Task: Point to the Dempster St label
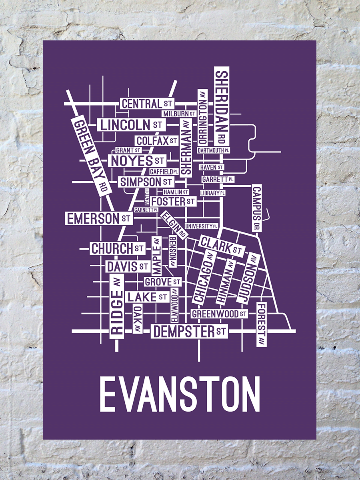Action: point(189,332)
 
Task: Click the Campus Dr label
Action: point(256,208)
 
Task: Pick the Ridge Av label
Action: point(116,306)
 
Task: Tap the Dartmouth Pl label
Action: point(214,150)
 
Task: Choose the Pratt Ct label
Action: point(147,196)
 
